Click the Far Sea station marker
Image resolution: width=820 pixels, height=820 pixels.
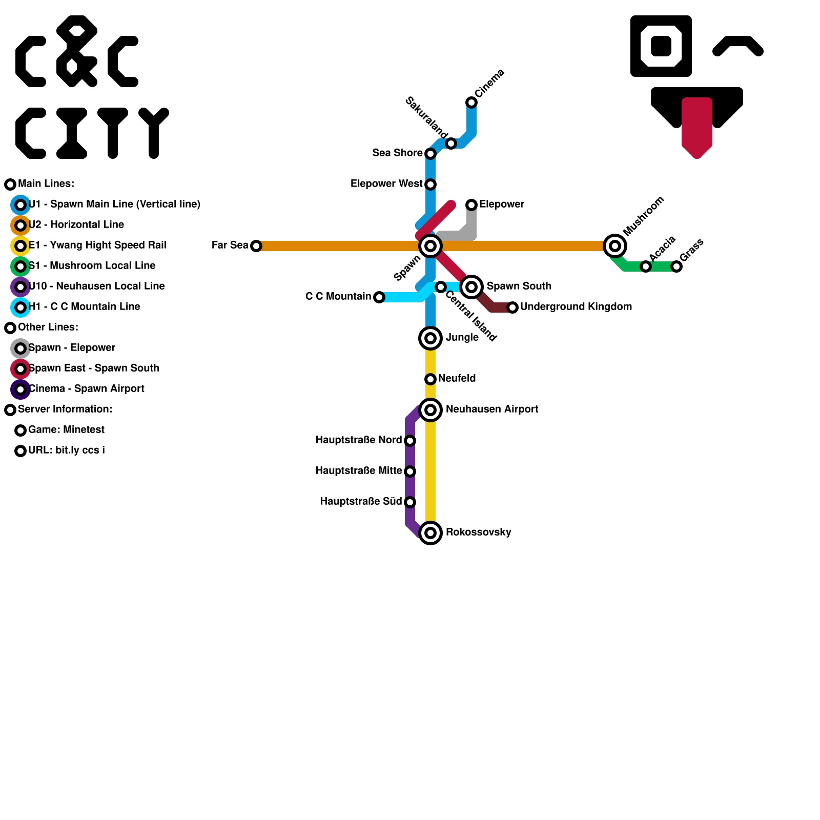tap(256, 246)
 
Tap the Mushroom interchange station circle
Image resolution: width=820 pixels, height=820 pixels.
tap(615, 246)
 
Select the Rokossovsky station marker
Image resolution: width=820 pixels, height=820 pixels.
tap(430, 533)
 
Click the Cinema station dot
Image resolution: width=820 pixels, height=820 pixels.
tap(471, 102)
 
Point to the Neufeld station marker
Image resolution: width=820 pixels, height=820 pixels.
tap(430, 379)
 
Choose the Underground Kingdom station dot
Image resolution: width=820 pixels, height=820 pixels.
tap(512, 307)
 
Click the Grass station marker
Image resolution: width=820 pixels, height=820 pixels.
tap(676, 266)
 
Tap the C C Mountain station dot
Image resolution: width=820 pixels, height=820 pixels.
tap(379, 297)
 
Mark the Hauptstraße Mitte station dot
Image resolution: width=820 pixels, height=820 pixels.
tap(410, 471)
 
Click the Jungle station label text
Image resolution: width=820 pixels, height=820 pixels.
tap(462, 337)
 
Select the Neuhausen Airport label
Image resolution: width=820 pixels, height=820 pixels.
tap(491, 409)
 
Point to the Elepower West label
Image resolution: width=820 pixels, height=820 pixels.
tap(386, 183)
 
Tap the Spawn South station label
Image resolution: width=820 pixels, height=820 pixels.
tap(519, 286)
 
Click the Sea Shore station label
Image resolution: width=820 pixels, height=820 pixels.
tap(397, 153)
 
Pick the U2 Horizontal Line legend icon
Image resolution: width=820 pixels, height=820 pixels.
tap(20, 225)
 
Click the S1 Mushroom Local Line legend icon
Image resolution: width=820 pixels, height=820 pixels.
tap(20, 266)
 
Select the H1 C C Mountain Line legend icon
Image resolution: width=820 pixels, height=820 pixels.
tap(20, 307)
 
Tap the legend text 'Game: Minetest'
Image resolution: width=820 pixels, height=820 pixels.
tap(66, 429)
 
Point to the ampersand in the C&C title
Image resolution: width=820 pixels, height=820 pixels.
tap(77, 51)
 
